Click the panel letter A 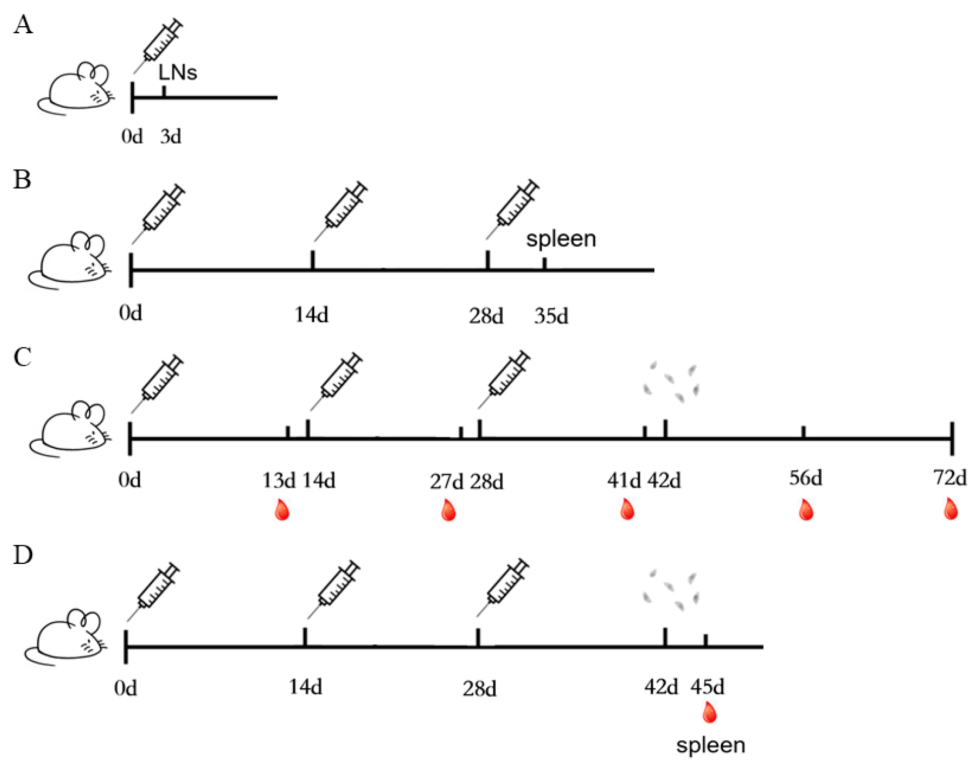click(x=23, y=25)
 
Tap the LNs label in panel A click(x=178, y=73)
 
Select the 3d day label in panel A click(x=170, y=137)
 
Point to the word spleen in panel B click(x=561, y=239)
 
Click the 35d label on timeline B click(x=551, y=316)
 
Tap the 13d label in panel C click(x=278, y=481)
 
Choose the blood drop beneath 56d click(x=806, y=510)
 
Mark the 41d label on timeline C click(x=624, y=481)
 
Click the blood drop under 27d click(x=448, y=510)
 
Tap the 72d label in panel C click(x=950, y=477)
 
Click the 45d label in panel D click(x=707, y=687)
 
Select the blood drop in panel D click(x=710, y=713)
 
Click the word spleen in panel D click(x=711, y=745)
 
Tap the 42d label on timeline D click(x=661, y=687)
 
